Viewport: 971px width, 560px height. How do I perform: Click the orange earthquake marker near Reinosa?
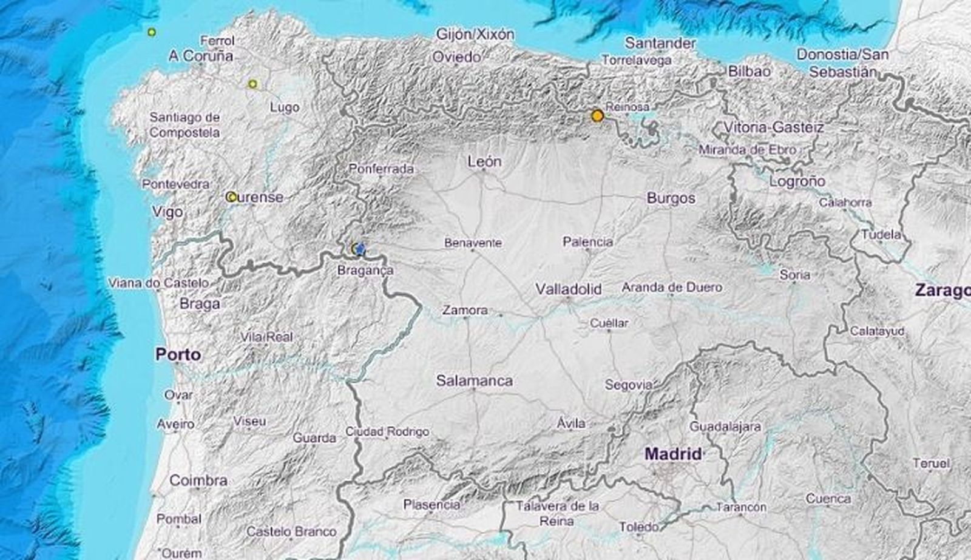598,115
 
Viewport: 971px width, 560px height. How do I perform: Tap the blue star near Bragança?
360,249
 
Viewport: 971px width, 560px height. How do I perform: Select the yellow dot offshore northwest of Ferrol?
152,32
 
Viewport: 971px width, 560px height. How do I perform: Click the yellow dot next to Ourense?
231,197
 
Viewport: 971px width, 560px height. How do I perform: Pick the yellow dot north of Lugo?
252,84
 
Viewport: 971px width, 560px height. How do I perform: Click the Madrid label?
673,454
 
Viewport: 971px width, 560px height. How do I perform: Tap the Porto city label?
178,354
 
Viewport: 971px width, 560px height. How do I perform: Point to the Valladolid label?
568,289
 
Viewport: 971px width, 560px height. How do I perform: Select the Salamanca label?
474,381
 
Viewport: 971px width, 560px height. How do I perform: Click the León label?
485,161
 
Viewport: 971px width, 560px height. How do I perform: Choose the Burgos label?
671,198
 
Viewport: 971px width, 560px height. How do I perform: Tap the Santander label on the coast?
660,43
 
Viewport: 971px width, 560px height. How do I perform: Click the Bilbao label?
749,71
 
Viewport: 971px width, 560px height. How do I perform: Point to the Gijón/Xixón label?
475,35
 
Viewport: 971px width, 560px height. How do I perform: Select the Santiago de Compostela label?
184,124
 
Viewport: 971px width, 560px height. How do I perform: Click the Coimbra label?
198,481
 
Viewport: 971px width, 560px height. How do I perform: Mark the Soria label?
794,275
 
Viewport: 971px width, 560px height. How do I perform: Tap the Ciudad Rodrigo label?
387,432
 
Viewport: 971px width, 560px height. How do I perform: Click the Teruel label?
931,464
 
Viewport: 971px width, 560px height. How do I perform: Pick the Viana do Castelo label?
158,283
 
